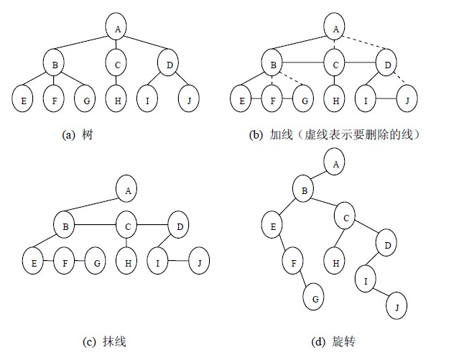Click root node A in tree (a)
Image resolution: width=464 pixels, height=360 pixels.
click(116, 27)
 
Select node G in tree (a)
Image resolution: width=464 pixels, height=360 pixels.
click(86, 100)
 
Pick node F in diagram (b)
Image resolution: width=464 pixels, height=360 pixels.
click(274, 100)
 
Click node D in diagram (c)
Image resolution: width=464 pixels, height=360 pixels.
click(179, 228)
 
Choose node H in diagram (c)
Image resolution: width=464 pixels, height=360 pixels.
click(127, 262)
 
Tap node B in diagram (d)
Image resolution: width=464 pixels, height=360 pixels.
click(303, 190)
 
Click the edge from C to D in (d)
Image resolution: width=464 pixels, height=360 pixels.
click(366, 229)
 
